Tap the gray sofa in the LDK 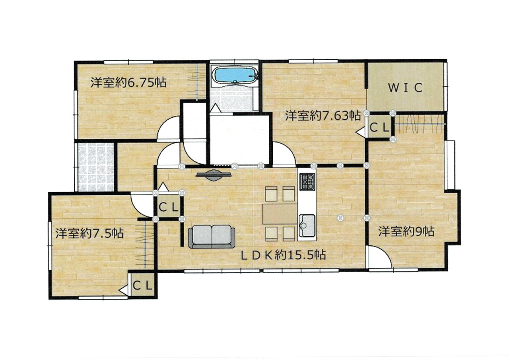(x=212, y=237)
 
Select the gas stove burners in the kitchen (x=307, y=181)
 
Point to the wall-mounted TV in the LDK (x=214, y=175)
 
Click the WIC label (x=405, y=88)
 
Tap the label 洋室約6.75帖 (x=128, y=82)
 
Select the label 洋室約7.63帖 (x=323, y=115)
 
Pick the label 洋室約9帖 (x=406, y=232)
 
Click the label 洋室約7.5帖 (x=89, y=233)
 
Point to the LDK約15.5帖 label (x=284, y=255)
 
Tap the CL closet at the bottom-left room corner (x=142, y=286)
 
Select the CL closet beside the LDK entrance (x=168, y=207)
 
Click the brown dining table (x=280, y=214)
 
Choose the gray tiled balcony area (x=96, y=167)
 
